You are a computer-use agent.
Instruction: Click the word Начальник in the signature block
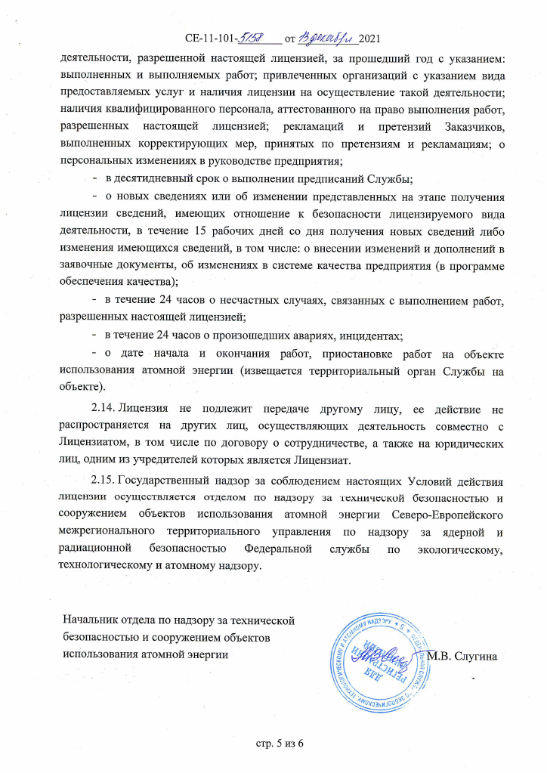point(91,621)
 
